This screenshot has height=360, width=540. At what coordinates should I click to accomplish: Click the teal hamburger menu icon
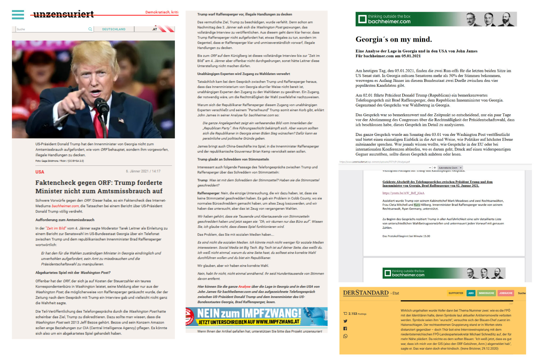(18, 15)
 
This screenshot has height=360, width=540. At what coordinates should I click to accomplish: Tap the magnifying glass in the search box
(90, 29)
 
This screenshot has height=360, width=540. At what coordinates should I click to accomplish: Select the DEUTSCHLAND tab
(114, 29)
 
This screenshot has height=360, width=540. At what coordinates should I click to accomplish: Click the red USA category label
(40, 172)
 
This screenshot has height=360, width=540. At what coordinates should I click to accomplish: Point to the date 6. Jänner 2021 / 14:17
(143, 171)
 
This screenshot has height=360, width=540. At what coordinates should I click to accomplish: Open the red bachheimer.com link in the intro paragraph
(65, 206)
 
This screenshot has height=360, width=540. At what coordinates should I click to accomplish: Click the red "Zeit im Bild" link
(56, 228)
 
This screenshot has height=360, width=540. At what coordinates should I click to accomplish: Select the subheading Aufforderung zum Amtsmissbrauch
(65, 220)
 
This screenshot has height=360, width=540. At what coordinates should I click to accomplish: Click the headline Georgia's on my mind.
(393, 40)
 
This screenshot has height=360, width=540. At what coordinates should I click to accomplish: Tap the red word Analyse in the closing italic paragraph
(244, 287)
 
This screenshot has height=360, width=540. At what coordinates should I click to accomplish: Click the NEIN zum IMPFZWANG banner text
(249, 314)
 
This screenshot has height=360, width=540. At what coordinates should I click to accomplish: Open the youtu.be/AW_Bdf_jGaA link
(403, 193)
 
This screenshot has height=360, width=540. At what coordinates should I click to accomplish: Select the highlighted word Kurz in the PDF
(417, 205)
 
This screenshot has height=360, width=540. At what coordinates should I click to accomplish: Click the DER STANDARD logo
(366, 293)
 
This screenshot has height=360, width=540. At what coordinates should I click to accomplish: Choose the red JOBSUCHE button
(505, 293)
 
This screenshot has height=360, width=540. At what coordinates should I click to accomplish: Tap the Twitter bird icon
(345, 321)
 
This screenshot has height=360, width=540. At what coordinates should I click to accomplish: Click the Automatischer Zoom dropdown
(450, 168)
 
